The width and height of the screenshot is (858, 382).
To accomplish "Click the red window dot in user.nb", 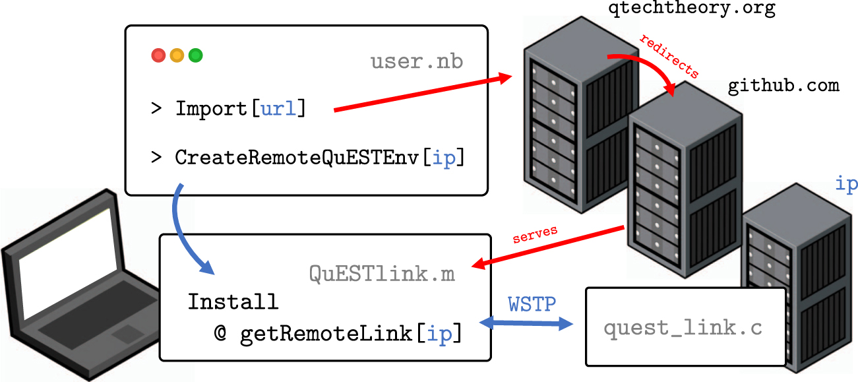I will pyautogui.click(x=158, y=55).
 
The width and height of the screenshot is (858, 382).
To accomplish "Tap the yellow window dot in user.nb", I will pyautogui.click(x=177, y=55).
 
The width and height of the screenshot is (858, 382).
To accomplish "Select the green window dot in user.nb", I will pyautogui.click(x=195, y=55).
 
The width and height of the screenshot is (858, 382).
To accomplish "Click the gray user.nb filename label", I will pyautogui.click(x=416, y=62).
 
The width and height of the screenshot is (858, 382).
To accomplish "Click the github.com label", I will pyautogui.click(x=783, y=86).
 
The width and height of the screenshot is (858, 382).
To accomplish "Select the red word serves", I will pyautogui.click(x=535, y=234).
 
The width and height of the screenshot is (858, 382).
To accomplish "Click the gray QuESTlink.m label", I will pyautogui.click(x=382, y=273).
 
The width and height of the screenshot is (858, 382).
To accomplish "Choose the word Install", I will pyautogui.click(x=233, y=302).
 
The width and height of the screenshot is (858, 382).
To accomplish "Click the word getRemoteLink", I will pyautogui.click(x=326, y=334).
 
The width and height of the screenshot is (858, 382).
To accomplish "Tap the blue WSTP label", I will pyautogui.click(x=532, y=305).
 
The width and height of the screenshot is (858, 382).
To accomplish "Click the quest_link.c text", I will pyautogui.click(x=683, y=328).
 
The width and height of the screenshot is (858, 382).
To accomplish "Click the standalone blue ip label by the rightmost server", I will pyautogui.click(x=846, y=184).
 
